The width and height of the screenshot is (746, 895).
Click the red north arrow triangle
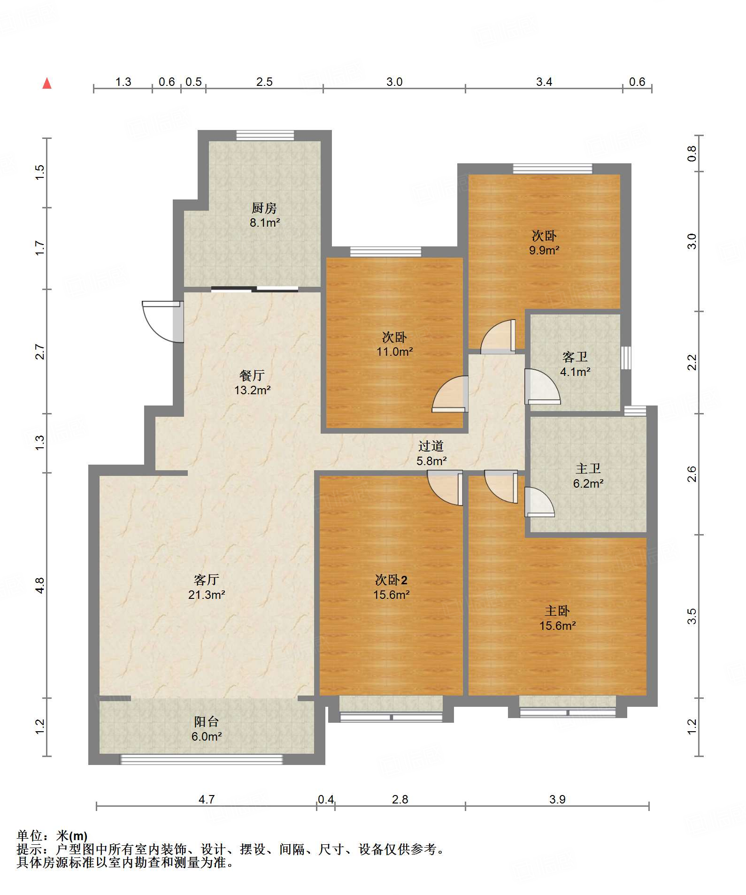47,84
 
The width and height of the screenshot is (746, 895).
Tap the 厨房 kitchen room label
264,208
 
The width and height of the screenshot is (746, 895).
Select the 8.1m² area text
265,223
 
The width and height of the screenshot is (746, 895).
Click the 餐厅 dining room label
252,375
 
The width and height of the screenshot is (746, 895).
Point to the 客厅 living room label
207,580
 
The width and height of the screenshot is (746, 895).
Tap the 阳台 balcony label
207,722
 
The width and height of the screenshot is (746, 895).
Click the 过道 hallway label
431,446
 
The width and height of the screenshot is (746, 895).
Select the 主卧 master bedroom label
557,611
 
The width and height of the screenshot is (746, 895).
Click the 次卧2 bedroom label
391,580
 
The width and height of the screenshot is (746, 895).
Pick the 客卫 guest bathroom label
575,357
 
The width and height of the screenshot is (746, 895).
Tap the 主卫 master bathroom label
588,468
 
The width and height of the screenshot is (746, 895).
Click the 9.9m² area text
544,251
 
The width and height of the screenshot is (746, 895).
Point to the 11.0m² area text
394,352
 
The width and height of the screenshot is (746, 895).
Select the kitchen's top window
265,135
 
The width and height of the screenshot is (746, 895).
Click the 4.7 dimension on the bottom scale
207,800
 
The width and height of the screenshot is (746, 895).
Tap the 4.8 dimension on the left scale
40,585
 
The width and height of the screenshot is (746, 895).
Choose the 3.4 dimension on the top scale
544,82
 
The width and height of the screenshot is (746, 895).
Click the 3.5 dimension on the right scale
692,616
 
